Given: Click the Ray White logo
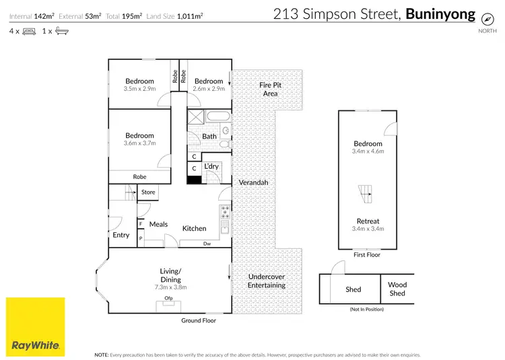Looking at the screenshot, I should [x=36, y=326].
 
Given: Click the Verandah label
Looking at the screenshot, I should [x=253, y=183].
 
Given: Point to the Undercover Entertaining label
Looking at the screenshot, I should [x=267, y=281].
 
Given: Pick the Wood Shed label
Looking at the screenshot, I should [x=397, y=289].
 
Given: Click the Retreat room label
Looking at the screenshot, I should [x=368, y=221].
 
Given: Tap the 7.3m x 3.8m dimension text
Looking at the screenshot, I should [x=169, y=287].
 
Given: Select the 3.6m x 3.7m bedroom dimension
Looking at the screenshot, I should [x=139, y=143].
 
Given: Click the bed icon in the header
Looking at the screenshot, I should [x=29, y=31].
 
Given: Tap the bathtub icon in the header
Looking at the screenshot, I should [x=61, y=31].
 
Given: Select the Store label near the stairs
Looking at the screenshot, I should [x=148, y=192].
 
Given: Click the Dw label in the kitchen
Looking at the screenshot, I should [x=207, y=244].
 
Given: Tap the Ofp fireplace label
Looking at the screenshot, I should [x=168, y=298].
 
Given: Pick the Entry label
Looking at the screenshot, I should [x=121, y=235].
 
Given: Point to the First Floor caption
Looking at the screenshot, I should [x=367, y=255].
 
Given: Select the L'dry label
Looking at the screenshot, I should [x=212, y=166].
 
